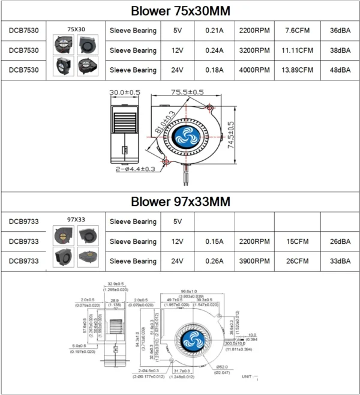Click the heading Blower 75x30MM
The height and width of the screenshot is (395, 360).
click(180, 11)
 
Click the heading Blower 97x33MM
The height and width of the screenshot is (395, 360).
click(180, 201)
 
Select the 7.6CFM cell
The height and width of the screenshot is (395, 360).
click(298, 31)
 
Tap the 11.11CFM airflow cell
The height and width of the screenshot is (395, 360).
click(298, 50)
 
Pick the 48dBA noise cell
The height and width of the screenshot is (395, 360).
click(340, 70)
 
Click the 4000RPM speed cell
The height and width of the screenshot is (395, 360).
click(254, 70)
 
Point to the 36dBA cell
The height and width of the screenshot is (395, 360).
click(340, 31)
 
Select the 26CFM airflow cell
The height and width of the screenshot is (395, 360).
click(298, 261)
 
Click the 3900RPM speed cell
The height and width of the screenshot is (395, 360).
click(254, 261)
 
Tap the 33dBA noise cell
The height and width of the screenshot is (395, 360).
click(340, 261)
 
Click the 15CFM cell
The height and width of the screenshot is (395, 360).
click(298, 241)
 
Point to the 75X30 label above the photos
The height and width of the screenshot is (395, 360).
click(76, 28)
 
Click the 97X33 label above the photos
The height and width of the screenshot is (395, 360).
click(76, 219)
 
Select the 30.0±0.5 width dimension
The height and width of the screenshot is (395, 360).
click(125, 92)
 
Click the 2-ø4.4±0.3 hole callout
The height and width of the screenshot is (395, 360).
click(136, 169)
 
